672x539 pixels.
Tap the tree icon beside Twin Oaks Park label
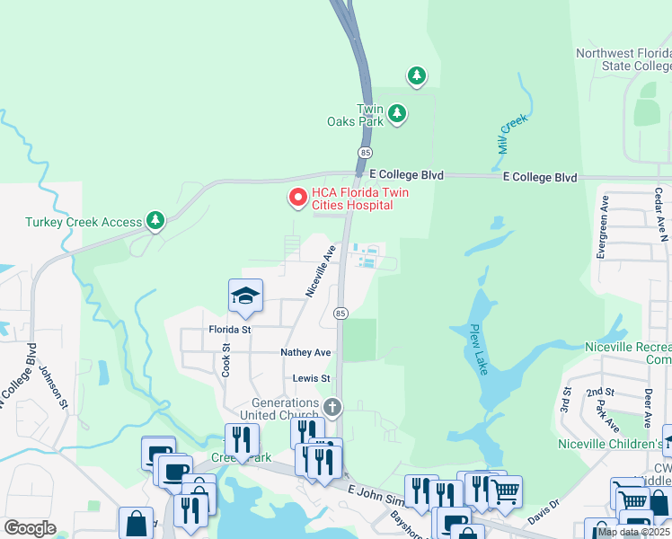(397, 115)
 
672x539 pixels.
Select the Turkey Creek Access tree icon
(156, 220)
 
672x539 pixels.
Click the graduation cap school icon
(244, 296)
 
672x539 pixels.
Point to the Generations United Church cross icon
(332, 409)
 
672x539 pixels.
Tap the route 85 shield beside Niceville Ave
(340, 313)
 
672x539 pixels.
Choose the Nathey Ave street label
(305, 353)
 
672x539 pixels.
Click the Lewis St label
(313, 379)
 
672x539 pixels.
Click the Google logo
(30, 528)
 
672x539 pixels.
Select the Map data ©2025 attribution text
(633, 532)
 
